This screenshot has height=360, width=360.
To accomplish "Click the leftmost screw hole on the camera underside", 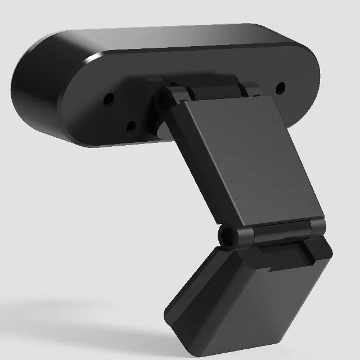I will (109, 98).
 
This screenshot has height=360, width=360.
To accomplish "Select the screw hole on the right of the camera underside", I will (281, 87).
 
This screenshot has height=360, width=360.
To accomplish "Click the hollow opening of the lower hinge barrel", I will (227, 236).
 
